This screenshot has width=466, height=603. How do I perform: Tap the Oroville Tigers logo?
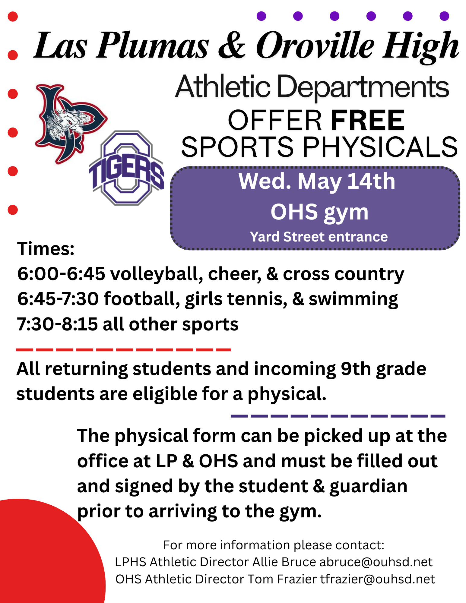[127, 168]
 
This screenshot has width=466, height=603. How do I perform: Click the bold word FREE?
[368, 120]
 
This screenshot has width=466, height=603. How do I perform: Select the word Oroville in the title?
[315, 46]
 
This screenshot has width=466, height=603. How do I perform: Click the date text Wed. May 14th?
[317, 182]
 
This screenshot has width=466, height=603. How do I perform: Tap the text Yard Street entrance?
[319, 237]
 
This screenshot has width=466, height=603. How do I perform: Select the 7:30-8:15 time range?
[57, 324]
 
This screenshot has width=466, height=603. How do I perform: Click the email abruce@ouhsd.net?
[376, 562]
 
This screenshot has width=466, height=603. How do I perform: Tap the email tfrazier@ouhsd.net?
[378, 579]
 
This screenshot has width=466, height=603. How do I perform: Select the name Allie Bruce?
[284, 562]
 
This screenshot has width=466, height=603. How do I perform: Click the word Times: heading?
[46, 249]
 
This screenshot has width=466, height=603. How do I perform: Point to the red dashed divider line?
[123, 350]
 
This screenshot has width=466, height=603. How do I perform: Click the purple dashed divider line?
[338, 416]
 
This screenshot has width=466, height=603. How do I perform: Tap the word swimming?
[353, 299]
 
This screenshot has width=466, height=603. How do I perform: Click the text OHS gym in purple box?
[319, 212]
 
